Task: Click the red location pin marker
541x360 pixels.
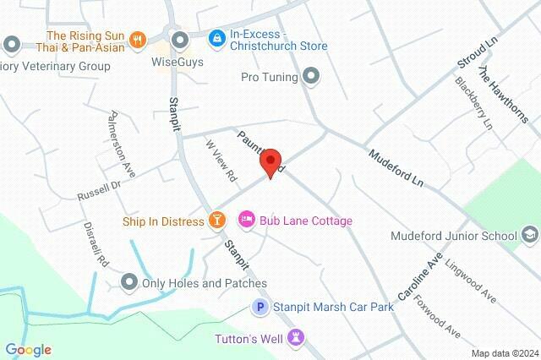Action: click(270, 162)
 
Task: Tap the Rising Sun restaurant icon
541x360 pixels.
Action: click(139, 40)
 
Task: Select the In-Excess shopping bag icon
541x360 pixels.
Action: click(217, 39)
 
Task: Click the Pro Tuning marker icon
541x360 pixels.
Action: click(311, 78)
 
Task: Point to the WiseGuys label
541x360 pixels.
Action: click(178, 62)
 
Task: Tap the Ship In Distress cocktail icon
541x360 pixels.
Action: click(217, 221)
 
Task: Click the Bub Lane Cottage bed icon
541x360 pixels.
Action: click(247, 221)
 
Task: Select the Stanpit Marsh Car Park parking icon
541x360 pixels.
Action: click(261, 308)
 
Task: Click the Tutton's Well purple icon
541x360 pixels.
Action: click(295, 339)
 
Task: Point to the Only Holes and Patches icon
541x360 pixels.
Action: click(129, 282)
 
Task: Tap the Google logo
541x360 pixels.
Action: click(29, 350)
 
